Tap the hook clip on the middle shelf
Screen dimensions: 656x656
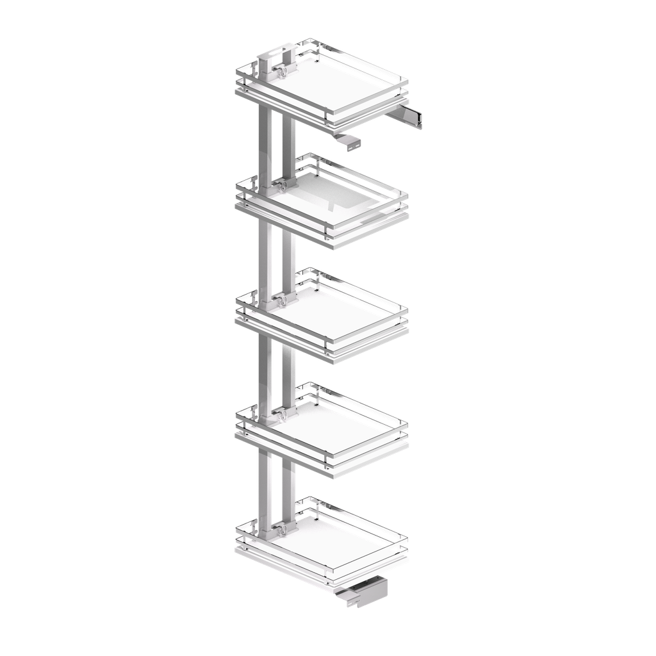coord(281,299)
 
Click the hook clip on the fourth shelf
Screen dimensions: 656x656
coord(281,414)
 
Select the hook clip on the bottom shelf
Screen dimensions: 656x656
coord(281,530)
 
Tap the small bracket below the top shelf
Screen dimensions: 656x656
coord(349,142)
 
